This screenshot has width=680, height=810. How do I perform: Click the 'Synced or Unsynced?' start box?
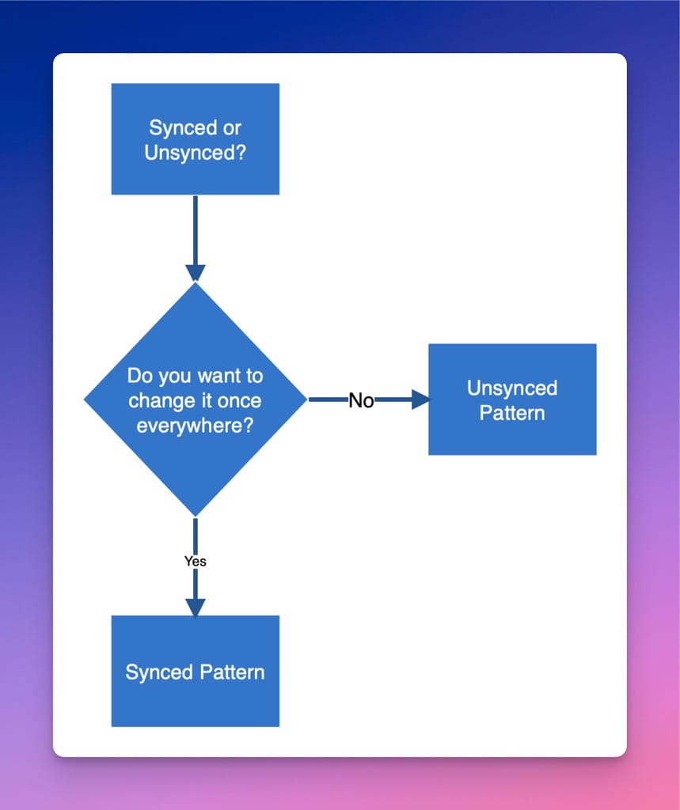tap(195, 138)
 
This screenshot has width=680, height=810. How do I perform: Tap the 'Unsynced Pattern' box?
tap(512, 399)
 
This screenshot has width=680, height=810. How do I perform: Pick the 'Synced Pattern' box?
tap(195, 671)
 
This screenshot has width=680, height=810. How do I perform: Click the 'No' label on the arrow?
tap(361, 401)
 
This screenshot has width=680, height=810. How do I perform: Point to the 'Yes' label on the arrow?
tap(195, 561)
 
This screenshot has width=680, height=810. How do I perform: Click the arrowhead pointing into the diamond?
tap(195, 272)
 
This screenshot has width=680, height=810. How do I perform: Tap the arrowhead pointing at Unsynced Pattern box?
tap(420, 400)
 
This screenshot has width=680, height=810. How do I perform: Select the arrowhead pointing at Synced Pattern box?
tap(195, 607)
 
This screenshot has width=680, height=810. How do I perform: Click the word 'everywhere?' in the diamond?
tap(195, 425)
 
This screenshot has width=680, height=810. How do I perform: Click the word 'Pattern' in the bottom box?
tap(231, 672)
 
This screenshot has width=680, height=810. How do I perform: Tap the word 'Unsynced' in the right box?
tap(512, 388)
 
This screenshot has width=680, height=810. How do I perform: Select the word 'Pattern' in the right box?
tap(512, 413)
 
